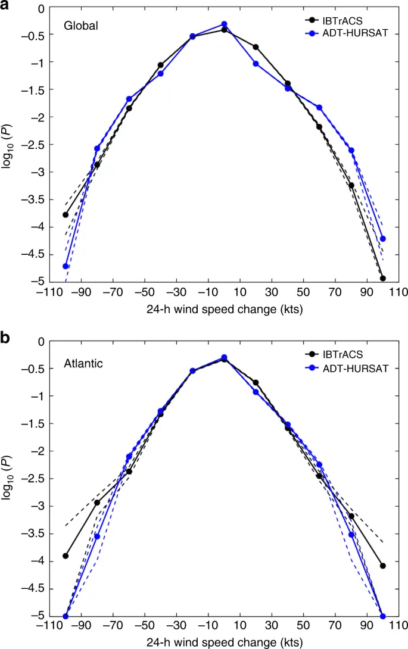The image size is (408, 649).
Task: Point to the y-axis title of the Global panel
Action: (x=8, y=145)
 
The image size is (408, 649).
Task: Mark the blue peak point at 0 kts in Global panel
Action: (x=224, y=24)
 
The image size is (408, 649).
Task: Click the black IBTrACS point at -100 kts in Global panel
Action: (x=66, y=215)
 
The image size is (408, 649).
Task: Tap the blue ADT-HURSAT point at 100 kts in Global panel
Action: (x=383, y=239)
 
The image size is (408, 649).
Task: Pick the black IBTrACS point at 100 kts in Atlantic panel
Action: (x=383, y=566)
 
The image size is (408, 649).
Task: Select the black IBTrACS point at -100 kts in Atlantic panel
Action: (x=66, y=556)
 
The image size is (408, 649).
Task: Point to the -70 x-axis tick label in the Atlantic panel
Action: (x=113, y=626)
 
